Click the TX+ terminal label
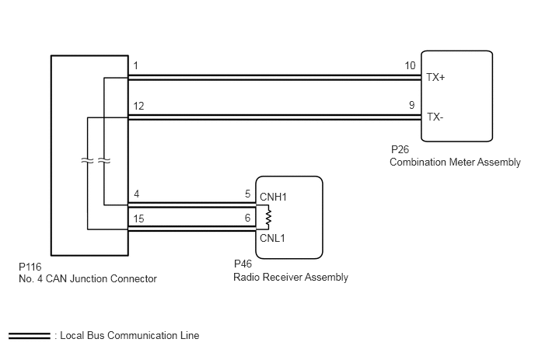click(x=435, y=78)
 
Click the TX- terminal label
click(x=435, y=117)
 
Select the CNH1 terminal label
click(x=273, y=197)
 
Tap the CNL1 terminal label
click(x=272, y=238)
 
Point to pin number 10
click(x=410, y=65)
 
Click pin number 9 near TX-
click(x=412, y=105)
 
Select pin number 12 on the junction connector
click(x=138, y=106)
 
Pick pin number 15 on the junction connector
click(x=138, y=218)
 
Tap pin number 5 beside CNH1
click(x=248, y=194)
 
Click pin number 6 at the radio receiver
click(x=248, y=218)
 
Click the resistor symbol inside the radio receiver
click(x=268, y=217)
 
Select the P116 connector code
click(x=30, y=267)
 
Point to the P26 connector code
click(x=400, y=149)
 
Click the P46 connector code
click(x=243, y=264)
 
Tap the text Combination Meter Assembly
click(x=455, y=162)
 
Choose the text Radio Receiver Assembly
click(x=291, y=277)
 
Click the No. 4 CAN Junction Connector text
click(x=88, y=279)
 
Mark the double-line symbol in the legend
click(x=30, y=336)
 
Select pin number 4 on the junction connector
click(x=137, y=194)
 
